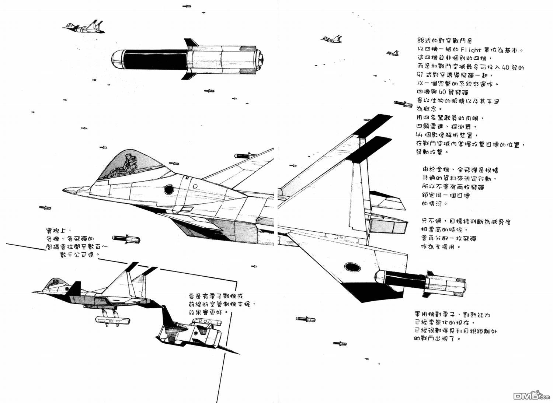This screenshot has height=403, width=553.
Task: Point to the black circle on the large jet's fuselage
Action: (x=169, y=189)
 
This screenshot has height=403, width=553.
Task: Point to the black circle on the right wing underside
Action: (x=350, y=267)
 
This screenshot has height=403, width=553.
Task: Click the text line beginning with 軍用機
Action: (x=457, y=315)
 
